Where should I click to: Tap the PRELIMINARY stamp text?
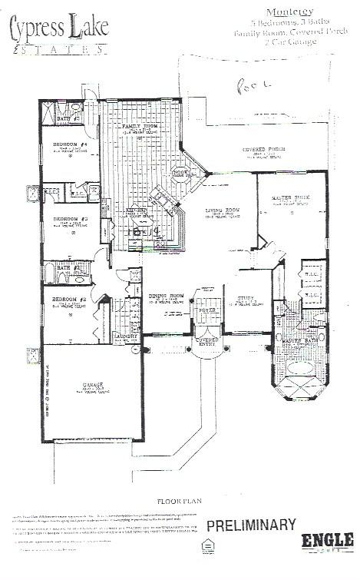pyautogui.click(x=250, y=525)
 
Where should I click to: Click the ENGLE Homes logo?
pyautogui.click(x=326, y=540)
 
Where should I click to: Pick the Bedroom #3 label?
pyautogui.click(x=69, y=219)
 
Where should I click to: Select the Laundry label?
pyautogui.click(x=125, y=336)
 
